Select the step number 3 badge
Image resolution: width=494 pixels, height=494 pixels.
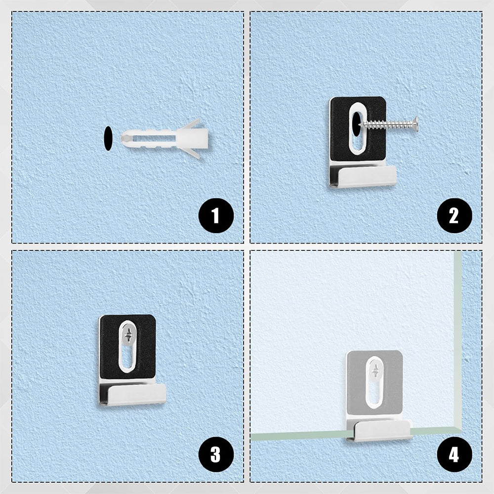pos(215,453)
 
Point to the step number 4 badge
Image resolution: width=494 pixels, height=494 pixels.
pos(453,453)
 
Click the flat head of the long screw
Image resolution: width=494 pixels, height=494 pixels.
pos(416,124)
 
